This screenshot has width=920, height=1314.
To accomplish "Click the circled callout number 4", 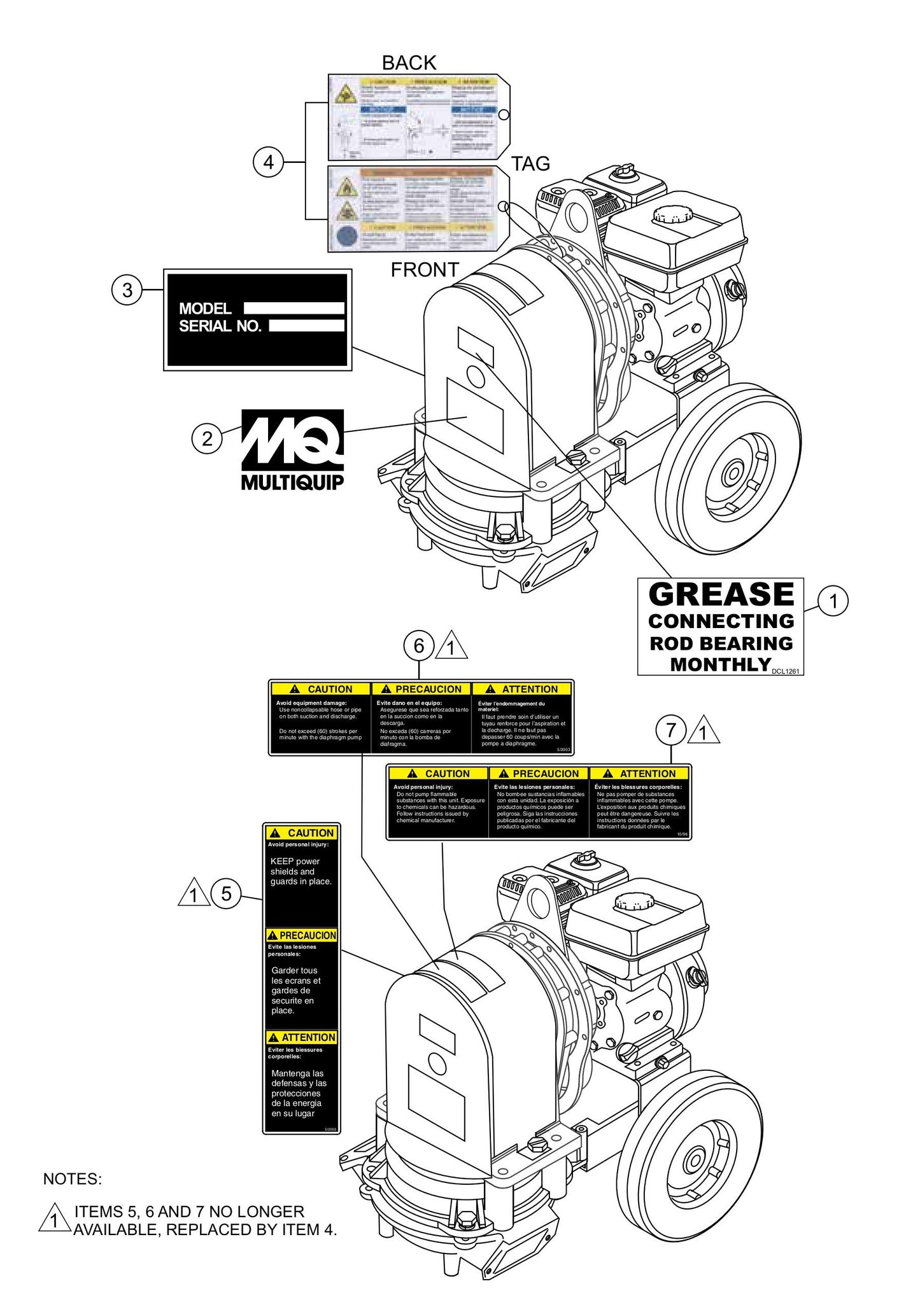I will pyautogui.click(x=268, y=162).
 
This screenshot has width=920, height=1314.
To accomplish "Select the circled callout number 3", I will pyautogui.click(x=127, y=290).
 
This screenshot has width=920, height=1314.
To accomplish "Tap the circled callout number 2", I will pyautogui.click(x=207, y=438).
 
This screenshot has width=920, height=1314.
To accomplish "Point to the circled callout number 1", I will pyautogui.click(x=833, y=601).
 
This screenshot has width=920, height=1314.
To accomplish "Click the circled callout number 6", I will pyautogui.click(x=419, y=646).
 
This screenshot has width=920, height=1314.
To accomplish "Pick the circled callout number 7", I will pyautogui.click(x=671, y=730).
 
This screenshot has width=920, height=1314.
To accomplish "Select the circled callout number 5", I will pyautogui.click(x=226, y=894).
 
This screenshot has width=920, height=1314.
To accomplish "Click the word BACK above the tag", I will pyautogui.click(x=409, y=63).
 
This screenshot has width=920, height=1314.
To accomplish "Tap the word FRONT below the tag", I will pyautogui.click(x=425, y=270).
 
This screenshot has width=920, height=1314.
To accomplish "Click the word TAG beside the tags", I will pyautogui.click(x=530, y=164).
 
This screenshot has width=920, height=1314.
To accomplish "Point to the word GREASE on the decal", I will pyautogui.click(x=721, y=594).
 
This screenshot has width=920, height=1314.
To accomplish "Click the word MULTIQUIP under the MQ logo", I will pyautogui.click(x=292, y=482).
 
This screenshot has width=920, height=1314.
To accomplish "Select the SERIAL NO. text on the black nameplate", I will pyautogui.click(x=220, y=326).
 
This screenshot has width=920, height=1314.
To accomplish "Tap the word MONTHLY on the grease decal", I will pyautogui.click(x=720, y=664).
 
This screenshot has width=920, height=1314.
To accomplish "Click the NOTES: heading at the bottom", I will pyautogui.click(x=72, y=1179).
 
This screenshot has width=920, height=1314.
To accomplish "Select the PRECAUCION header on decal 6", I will pyautogui.click(x=421, y=689).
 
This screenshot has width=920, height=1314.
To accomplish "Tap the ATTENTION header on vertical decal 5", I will pyautogui.click(x=302, y=1037).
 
